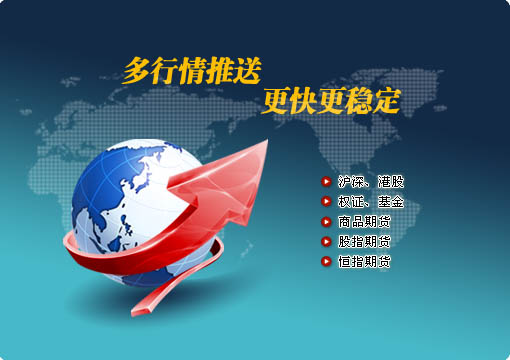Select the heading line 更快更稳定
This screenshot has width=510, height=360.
point(331,100)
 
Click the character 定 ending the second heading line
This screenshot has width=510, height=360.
point(385,100)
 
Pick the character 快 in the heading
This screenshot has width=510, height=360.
point(304,100)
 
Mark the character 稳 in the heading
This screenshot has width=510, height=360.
point(358,100)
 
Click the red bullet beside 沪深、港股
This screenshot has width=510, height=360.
point(326,182)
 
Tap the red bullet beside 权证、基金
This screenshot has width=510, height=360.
point(326,202)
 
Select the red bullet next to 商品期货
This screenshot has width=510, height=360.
point(326,222)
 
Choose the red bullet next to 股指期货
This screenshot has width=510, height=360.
point(326,242)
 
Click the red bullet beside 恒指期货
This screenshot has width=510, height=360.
point(326,262)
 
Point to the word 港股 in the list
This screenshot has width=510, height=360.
point(390,182)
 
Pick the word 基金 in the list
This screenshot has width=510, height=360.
point(390,202)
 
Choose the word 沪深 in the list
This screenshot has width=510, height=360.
point(351,182)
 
